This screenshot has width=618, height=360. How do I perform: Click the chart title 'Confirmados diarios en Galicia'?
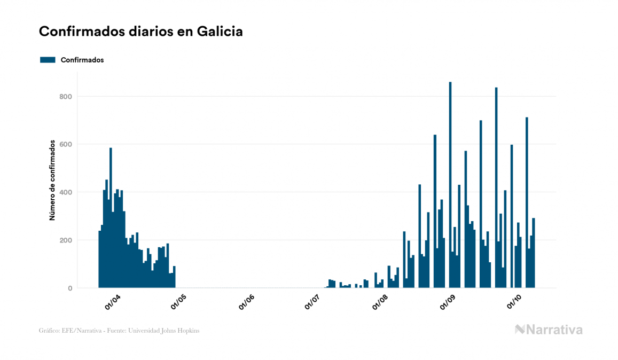tap(141, 32)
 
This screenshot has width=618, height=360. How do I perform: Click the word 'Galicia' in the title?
tap(220, 32)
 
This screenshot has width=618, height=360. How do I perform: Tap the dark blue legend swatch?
tap(48, 60)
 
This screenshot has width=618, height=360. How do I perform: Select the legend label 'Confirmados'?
tap(82, 60)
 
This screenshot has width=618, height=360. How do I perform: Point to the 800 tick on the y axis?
tap(66, 97)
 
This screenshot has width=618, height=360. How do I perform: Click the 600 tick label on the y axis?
tap(66, 144)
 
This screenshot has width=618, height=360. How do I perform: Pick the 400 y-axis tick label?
tap(66, 192)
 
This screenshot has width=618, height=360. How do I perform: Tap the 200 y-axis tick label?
tap(66, 240)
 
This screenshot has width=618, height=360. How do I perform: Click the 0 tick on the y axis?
tap(70, 288)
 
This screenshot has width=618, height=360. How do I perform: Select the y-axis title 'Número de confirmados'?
tap(52, 181)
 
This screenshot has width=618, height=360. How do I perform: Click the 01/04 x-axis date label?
tap(113, 302)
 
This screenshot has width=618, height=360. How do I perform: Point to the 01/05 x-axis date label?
tap(179, 302)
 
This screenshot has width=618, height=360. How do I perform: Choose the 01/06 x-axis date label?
tap(247, 302)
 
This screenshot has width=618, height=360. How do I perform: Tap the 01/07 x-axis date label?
tap(312, 302)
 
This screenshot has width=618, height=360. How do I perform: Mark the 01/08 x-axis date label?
tap(380, 302)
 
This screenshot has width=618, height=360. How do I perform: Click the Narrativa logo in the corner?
tap(549, 330)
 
